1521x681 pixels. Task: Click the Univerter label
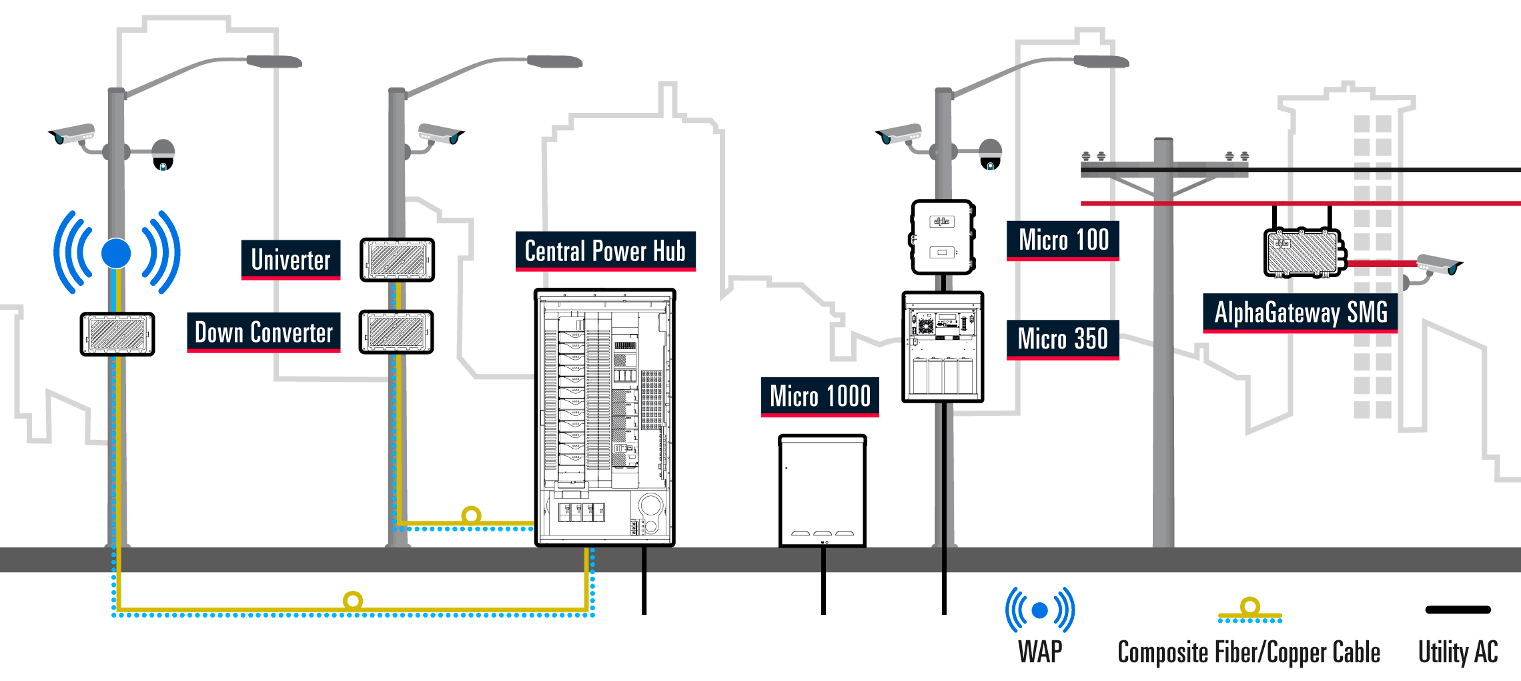[291, 260]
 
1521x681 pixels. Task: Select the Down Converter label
[264, 332]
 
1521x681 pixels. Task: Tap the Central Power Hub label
[605, 251]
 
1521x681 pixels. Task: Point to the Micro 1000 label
[820, 397]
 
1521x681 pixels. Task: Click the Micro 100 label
[1063, 240]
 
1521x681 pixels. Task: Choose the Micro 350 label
[1063, 339]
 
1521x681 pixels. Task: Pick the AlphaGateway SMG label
[1300, 312]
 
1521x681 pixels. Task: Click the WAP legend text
[1040, 652]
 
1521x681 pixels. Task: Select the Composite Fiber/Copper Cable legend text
[1249, 652]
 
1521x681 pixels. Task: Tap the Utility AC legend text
[1458, 652]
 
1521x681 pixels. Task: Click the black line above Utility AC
[1458, 610]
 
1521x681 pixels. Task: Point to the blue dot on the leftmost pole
[116, 253]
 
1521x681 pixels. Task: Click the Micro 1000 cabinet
[823, 491]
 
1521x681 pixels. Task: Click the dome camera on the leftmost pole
[163, 155]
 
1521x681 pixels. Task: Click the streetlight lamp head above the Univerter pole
[555, 62]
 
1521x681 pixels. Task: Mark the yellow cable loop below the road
[353, 600]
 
